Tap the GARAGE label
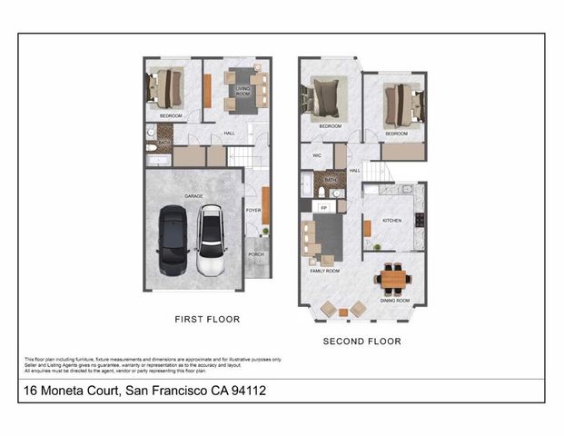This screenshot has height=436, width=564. [x=193, y=195]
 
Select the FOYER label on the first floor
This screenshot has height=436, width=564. [x=253, y=210]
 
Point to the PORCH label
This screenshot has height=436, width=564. [x=256, y=254]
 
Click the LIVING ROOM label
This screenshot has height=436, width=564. [x=243, y=92]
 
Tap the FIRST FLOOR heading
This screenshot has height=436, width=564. [x=206, y=320]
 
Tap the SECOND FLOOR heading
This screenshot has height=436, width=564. [x=362, y=342]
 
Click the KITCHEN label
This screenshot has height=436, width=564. [x=391, y=220]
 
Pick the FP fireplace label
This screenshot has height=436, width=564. [x=322, y=206]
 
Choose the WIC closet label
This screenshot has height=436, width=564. [x=317, y=155]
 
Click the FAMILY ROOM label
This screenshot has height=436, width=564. [x=325, y=271]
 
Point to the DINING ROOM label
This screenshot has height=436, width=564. [x=395, y=300]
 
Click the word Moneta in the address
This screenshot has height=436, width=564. [x=64, y=391]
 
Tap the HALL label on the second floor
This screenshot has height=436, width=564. [x=355, y=170]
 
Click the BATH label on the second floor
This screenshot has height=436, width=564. [x=331, y=180]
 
